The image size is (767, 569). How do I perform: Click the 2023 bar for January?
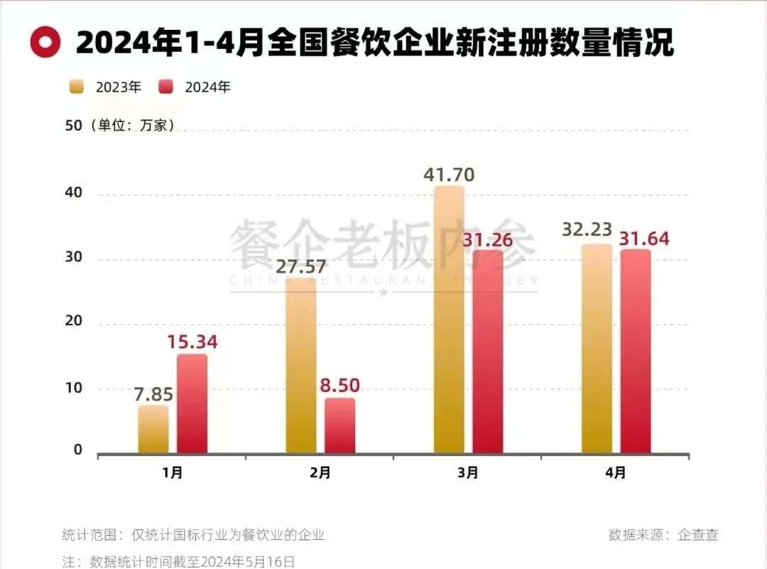(153, 429)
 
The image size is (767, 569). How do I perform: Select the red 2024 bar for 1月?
(192, 403)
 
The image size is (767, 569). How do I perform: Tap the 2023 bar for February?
(301, 366)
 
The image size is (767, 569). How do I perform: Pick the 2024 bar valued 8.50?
(339, 426)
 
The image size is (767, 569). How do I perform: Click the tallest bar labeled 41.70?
(449, 320)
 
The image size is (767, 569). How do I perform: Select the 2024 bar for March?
(487, 352)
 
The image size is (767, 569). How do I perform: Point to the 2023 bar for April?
(597, 348)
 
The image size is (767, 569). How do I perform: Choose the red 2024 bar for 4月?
(635, 351)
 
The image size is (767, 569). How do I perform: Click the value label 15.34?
(192, 342)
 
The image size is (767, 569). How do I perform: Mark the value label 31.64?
(643, 239)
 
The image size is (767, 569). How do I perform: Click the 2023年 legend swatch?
(76, 87)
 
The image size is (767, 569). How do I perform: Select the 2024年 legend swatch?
(166, 87)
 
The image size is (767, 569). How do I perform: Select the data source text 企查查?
(697, 535)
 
